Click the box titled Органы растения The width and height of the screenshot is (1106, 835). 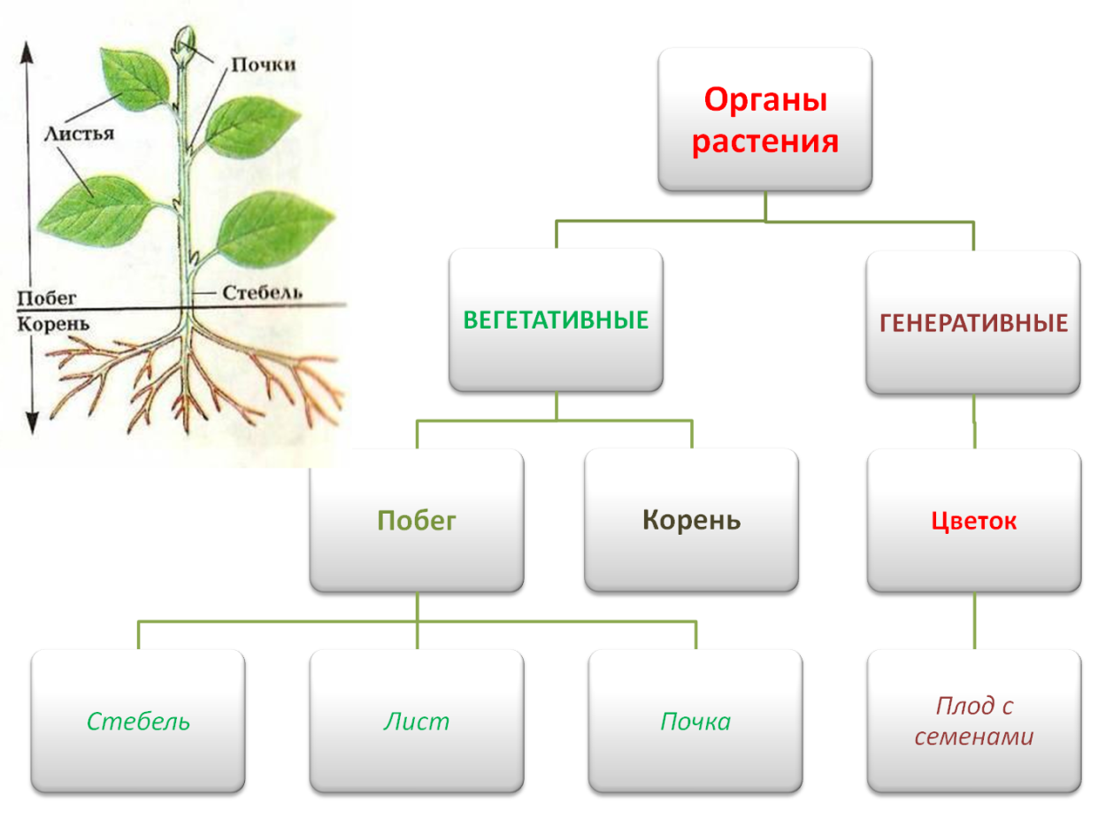point(765,120)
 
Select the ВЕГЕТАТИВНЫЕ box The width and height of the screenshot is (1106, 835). point(556,321)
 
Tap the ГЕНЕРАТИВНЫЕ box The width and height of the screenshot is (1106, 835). point(973,323)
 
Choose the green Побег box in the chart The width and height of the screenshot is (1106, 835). point(417,521)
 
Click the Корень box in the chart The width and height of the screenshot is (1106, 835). point(691,521)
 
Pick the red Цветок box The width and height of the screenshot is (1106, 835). point(973,522)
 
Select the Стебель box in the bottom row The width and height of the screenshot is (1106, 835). point(138,722)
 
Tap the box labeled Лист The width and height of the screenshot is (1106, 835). point(417,722)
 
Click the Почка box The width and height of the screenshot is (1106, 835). point(695,722)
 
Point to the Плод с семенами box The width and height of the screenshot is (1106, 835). point(973,722)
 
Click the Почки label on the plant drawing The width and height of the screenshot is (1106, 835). point(264,65)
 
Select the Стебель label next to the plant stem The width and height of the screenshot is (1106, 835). point(263,292)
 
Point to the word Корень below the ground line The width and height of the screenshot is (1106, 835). point(53,323)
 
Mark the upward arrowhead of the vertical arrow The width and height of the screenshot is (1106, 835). point(28,51)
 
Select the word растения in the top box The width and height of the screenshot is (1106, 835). point(765,142)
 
